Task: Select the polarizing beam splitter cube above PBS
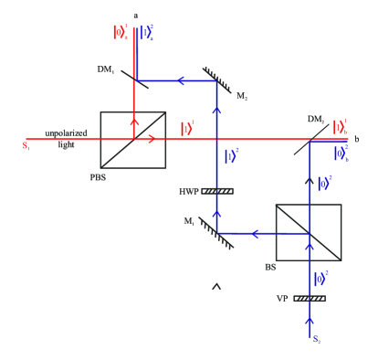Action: (133, 139)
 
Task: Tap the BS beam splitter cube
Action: (309, 234)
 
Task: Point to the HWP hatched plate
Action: (217, 191)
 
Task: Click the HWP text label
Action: (187, 192)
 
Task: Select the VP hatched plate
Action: (310, 298)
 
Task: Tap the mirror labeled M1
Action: (217, 234)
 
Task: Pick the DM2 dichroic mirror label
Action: (316, 119)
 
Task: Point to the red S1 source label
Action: (13, 144)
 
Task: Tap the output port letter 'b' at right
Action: (356, 138)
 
